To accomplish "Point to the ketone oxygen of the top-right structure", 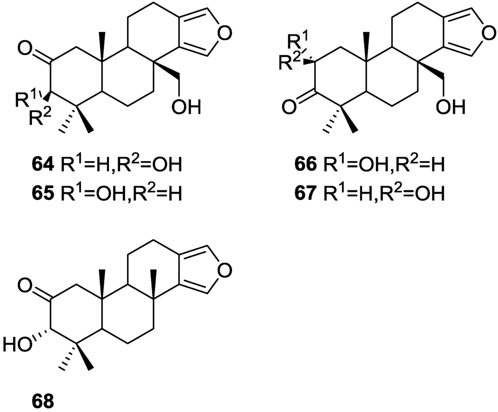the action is click(x=287, y=106).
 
